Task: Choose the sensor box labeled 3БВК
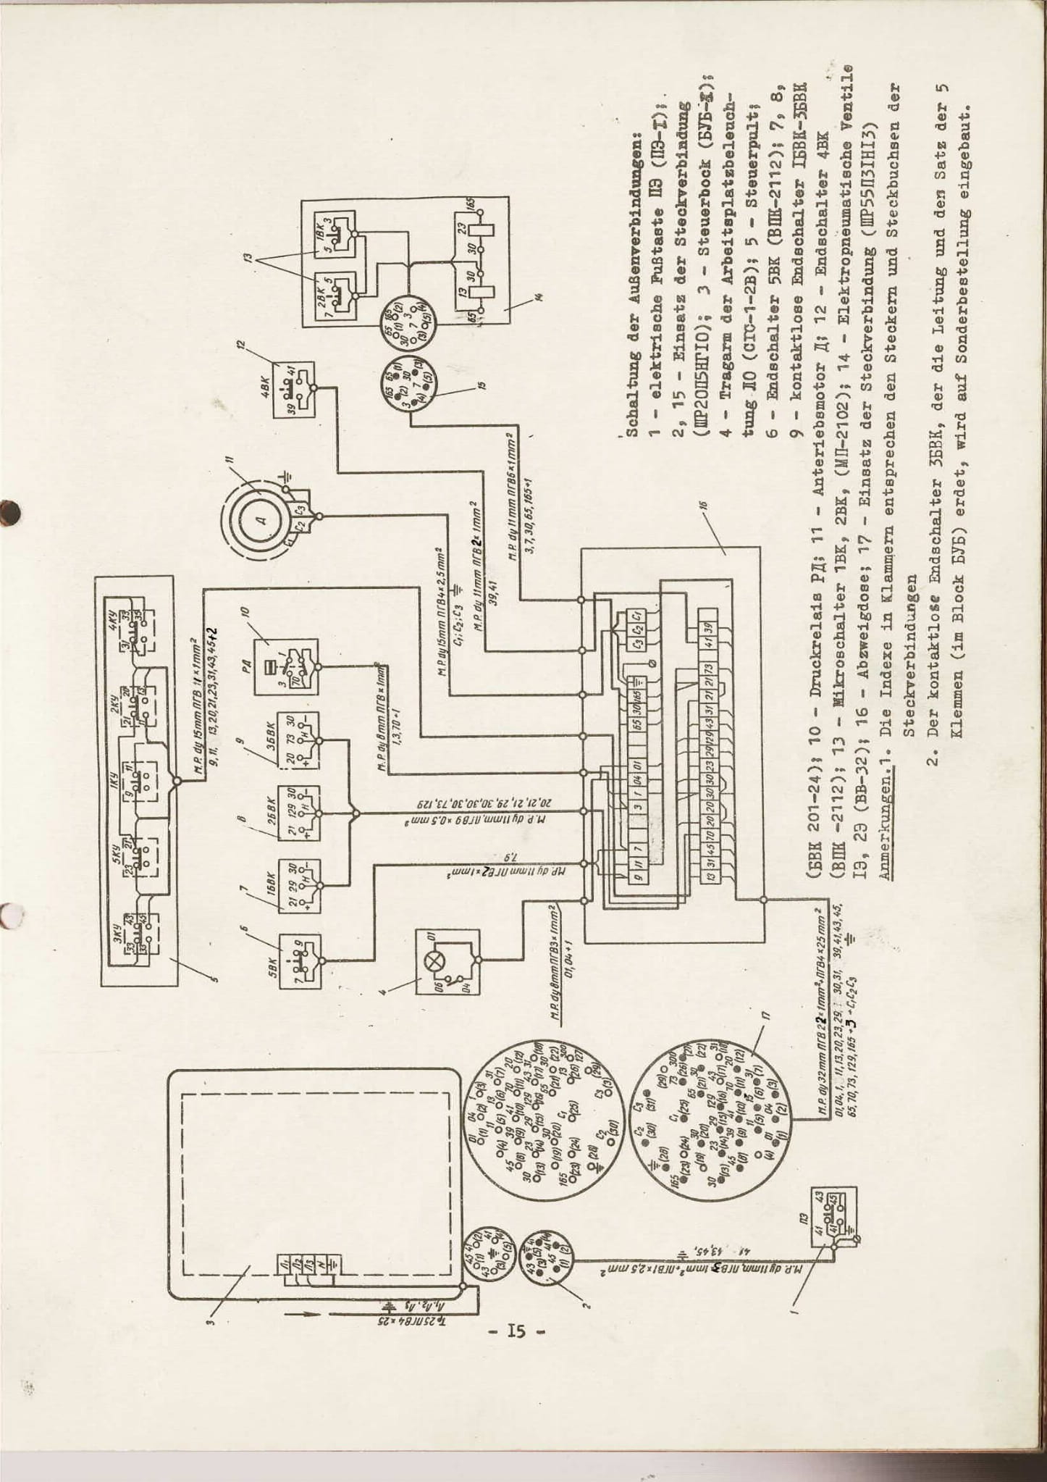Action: [299, 740]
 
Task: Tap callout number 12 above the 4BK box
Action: [242, 343]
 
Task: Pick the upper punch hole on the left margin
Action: [10, 511]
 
